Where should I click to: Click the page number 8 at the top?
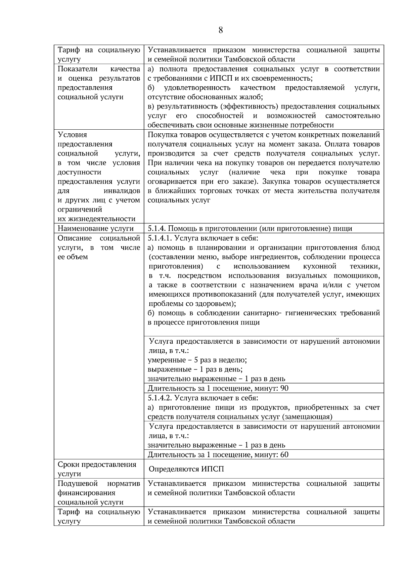click(x=221, y=30)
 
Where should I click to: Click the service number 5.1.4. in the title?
click(x=157, y=229)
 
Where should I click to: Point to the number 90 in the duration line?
click(x=284, y=389)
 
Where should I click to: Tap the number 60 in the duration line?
click(x=284, y=455)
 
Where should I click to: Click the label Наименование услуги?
click(x=96, y=229)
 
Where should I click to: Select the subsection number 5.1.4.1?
click(x=160, y=238)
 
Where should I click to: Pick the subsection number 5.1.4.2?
click(x=160, y=398)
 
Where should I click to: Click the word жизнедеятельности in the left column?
click(x=97, y=219)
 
